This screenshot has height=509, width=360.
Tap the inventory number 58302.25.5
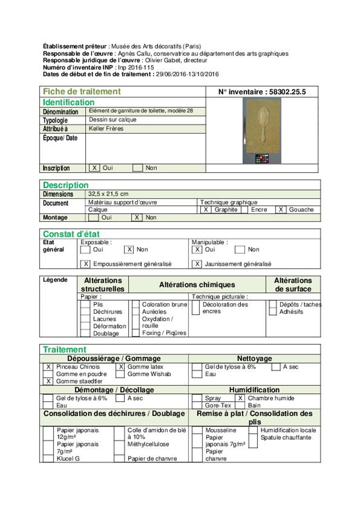pyautogui.click(x=262, y=92)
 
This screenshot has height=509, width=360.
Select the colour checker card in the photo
pyautogui.click(x=262, y=159)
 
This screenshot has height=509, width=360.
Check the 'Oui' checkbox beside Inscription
pyautogui.click(x=94, y=168)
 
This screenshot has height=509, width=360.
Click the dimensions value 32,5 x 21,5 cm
pyautogui.click(x=109, y=194)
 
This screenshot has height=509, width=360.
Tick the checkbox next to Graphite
pyautogui.click(x=205, y=210)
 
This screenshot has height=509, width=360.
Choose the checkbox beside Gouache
pyautogui.click(x=281, y=210)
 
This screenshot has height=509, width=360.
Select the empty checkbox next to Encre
pyautogui.click(x=247, y=210)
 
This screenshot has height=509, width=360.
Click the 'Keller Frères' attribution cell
pyautogui.click(x=106, y=129)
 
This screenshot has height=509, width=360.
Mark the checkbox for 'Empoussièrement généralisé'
pyautogui.click(x=86, y=264)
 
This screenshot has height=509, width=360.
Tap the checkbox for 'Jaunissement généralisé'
pyautogui.click(x=197, y=264)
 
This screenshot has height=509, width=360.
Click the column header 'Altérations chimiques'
pyautogui.click(x=197, y=285)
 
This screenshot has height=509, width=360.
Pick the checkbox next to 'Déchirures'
pyautogui.click(x=85, y=312)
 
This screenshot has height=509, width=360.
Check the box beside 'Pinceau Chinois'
pyautogui.click(x=48, y=367)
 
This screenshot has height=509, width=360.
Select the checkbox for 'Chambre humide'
pyautogui.click(x=241, y=398)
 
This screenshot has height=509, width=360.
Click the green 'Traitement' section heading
pyautogui.click(x=65, y=350)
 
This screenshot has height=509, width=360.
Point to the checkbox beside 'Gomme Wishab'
pyautogui.click(x=120, y=374)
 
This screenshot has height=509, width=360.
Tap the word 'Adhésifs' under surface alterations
pyautogui.click(x=291, y=312)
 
